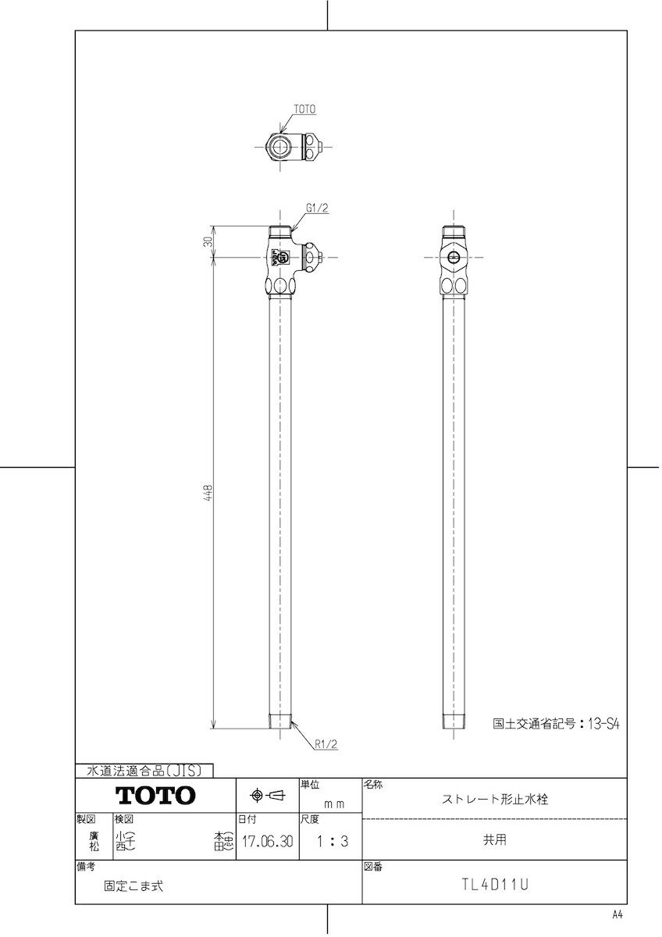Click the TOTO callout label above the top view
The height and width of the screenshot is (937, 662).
coord(304,110)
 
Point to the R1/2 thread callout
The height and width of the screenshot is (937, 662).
coord(326,745)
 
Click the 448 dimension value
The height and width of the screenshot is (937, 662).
coord(208,493)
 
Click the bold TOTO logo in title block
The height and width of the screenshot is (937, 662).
coord(155,796)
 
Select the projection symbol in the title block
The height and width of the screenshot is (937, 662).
coord(266,796)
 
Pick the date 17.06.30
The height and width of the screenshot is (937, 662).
coord(267,843)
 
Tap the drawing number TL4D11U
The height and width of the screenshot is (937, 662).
coord(495,885)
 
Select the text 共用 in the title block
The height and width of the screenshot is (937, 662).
coord(495,840)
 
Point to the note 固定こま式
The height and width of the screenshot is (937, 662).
coord(134,886)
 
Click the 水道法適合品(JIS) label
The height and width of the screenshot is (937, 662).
coord(143,771)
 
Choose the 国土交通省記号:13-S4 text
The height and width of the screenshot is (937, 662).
coord(556,724)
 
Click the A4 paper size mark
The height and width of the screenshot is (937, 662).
coord(618,914)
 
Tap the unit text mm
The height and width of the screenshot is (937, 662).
coord(334,802)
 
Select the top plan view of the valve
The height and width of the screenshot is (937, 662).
coord(293,146)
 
